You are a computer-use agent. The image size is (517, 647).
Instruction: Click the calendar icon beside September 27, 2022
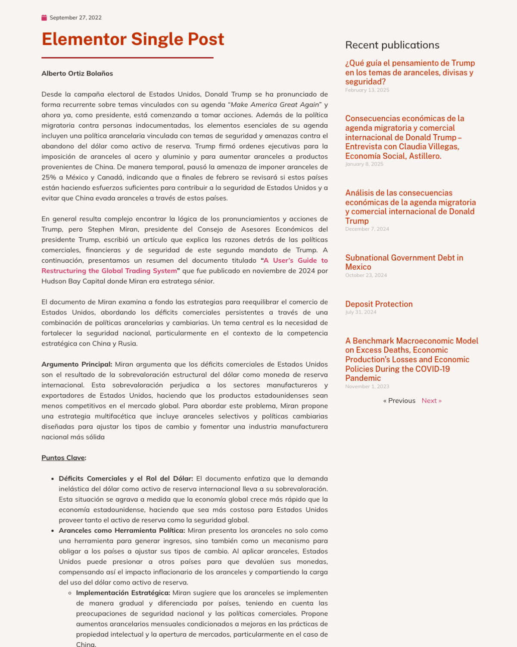(44, 18)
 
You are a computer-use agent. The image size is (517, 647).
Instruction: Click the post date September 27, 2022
(75, 18)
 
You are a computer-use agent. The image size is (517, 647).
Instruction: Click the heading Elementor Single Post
(133, 39)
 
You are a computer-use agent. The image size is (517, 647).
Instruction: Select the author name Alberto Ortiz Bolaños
(77, 73)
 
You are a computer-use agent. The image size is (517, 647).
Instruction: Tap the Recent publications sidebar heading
(392, 45)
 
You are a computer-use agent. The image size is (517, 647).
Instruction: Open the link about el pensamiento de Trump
(409, 72)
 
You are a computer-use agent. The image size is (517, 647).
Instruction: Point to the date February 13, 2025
(367, 90)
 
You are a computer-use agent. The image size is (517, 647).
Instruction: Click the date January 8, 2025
(364, 164)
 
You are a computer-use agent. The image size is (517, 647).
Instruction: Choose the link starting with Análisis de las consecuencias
(410, 207)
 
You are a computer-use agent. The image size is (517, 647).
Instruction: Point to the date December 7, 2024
(367, 229)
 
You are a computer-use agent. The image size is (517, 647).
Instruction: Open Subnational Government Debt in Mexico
(404, 262)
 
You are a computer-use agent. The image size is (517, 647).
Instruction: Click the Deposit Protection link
(379, 304)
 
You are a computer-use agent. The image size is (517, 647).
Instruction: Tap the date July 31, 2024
(361, 312)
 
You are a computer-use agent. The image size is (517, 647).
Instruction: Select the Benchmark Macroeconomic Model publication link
(411, 359)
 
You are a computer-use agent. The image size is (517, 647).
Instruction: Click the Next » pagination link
(431, 401)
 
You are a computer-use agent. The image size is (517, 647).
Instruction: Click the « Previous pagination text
(399, 401)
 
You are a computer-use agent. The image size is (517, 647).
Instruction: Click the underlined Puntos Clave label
(63, 458)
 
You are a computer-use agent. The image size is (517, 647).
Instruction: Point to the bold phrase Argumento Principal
(77, 364)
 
